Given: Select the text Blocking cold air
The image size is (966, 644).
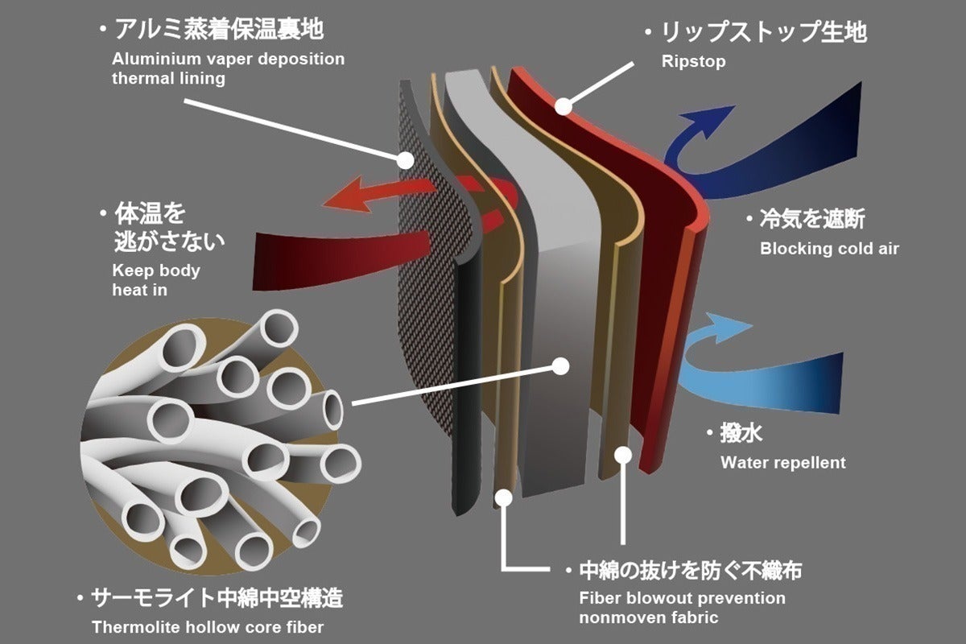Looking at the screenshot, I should [828, 249].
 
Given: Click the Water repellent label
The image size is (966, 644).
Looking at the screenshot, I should [782, 462].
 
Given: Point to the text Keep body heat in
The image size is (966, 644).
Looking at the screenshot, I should [155, 280].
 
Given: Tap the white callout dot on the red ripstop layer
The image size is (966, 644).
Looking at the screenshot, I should [563, 105].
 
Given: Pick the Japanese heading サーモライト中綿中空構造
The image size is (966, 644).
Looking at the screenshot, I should [217, 599].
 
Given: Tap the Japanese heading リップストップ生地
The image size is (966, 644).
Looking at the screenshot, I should [764, 33].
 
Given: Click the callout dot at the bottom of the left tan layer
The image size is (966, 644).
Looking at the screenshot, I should [503, 498].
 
